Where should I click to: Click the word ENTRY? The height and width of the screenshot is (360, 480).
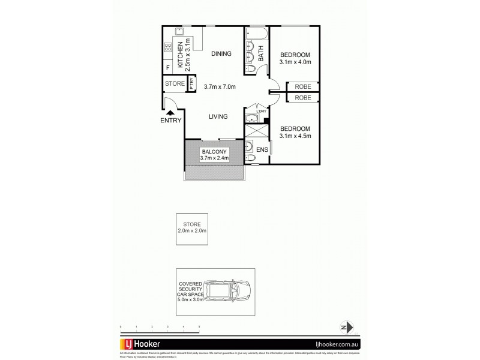coord(170,121)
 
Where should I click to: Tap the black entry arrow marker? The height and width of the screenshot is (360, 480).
coord(170,112)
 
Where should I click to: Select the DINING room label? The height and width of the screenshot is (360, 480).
coord(221,54)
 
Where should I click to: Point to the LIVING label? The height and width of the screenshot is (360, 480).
coord(218,117)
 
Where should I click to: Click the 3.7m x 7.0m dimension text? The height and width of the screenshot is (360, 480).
coord(220,86)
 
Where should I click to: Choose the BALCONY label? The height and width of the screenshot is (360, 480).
coord(214,152)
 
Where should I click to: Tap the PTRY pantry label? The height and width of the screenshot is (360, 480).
coord(191,84)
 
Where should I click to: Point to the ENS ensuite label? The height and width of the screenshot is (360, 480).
coord(262,149)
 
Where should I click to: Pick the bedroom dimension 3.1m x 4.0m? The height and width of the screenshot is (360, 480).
coord(296,61)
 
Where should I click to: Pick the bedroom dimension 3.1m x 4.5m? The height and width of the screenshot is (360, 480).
coord(295,136)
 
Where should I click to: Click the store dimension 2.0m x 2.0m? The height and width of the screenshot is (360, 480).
coord(192,230)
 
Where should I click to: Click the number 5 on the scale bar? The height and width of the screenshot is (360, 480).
coord(199,326)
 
